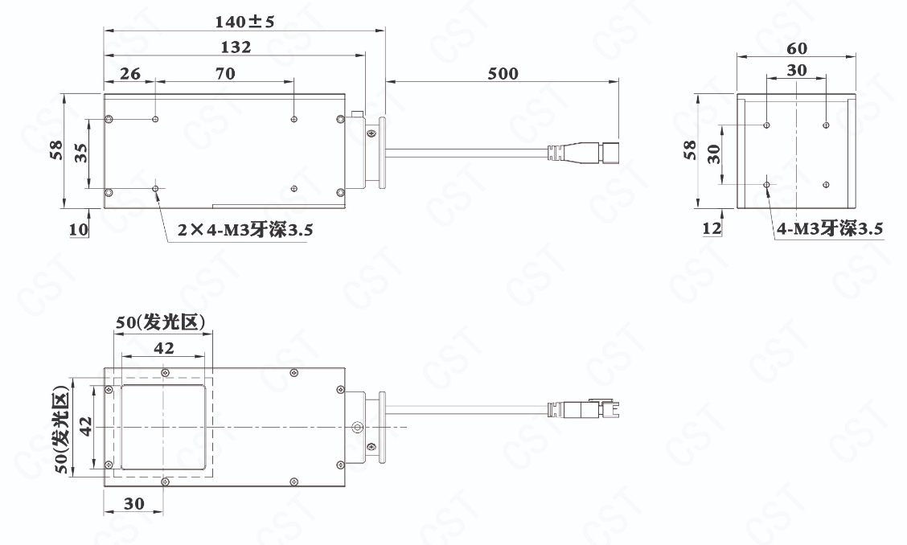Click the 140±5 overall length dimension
click(x=244, y=22)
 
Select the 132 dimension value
click(x=236, y=47)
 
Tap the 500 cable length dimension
click(x=503, y=73)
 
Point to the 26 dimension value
click(x=130, y=73)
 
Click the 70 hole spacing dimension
click(x=225, y=73)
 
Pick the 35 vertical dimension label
click(x=81, y=153)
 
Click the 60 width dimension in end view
click(x=797, y=48)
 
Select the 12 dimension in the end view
click(x=712, y=228)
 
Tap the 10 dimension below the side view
click(x=79, y=230)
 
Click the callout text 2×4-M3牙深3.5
click(x=244, y=230)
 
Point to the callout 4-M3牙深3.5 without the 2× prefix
click(x=830, y=228)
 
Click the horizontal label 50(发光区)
click(x=160, y=322)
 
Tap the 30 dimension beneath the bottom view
click(x=133, y=504)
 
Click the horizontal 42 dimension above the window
click(x=164, y=348)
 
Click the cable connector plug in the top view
click(x=583, y=152)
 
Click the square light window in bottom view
click(x=164, y=428)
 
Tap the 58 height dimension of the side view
click(x=56, y=150)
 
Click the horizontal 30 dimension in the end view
click(x=797, y=71)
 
